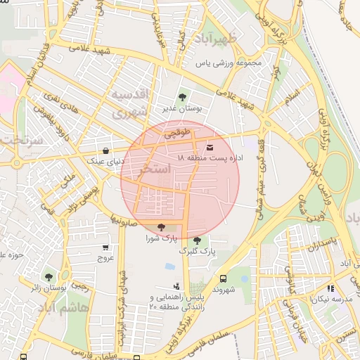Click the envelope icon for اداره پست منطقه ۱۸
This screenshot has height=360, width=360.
tap(211, 147)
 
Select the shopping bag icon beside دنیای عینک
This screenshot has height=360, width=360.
tap(105, 150)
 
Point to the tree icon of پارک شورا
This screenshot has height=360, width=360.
tap(162, 227)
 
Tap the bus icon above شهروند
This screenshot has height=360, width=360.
tap(224, 278)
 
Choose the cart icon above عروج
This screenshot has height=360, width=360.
tap(105, 247)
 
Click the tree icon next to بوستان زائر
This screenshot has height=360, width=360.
tap(49, 277)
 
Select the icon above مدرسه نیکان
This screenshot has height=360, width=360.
tap(330, 288)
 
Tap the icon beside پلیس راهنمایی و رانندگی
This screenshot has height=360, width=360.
tap(176, 286)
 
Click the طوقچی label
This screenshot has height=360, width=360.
tap(176, 131)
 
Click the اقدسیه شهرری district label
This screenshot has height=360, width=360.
tap(131, 103)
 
